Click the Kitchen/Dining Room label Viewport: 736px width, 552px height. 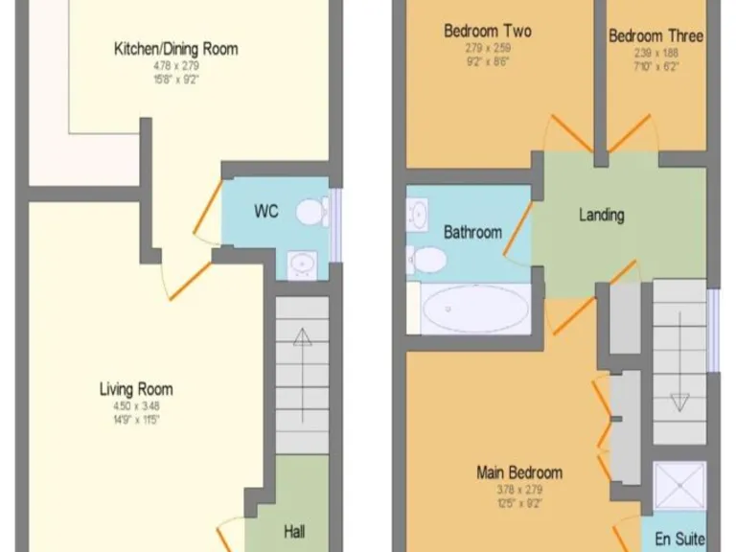(175, 49)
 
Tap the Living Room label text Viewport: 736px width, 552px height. (136, 389)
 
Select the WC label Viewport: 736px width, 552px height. (266, 211)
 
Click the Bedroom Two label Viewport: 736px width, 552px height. (487, 32)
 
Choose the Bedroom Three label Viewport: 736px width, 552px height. (655, 36)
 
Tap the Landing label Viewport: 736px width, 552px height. (601, 215)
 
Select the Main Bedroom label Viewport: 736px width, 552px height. (519, 472)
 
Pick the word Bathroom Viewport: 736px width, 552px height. (471, 232)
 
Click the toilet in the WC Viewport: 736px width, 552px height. (310, 211)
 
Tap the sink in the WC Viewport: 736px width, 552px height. (304, 262)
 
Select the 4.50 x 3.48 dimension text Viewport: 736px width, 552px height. (136, 404)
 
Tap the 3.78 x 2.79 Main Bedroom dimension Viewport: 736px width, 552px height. (519, 488)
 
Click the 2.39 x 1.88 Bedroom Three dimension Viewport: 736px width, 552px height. (655, 53)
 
